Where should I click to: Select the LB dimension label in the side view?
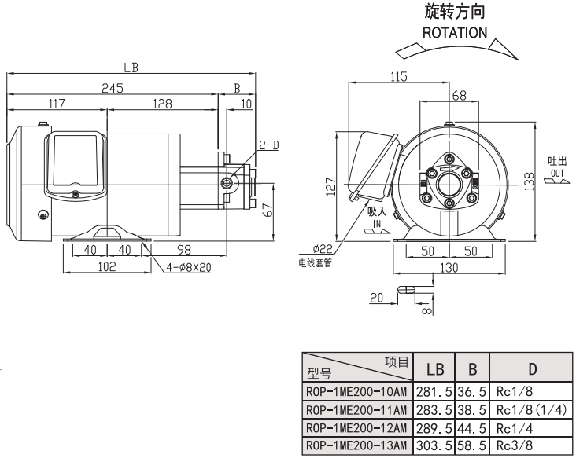coord(131,68)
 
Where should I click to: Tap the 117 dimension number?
coord(56,104)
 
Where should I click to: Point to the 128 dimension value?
coord(162,104)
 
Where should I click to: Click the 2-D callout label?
coord(269,145)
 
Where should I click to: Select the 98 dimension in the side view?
coord(183,249)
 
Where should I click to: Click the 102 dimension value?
coord(107,266)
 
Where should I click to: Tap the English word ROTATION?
coord(455,33)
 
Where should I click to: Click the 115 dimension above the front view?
coord(399,76)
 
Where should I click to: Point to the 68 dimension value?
coord(459,95)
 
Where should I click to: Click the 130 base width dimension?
coord(449,268)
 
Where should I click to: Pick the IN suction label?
coord(376,224)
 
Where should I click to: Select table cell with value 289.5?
coord(436,429)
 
